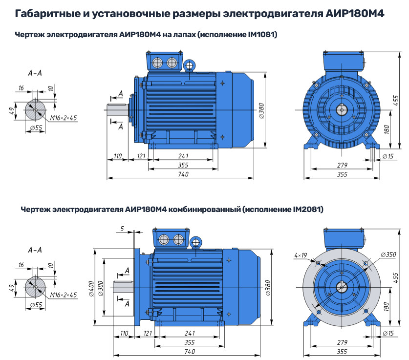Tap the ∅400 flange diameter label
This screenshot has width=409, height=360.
point(91,289)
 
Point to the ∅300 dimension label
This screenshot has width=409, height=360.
point(101,289)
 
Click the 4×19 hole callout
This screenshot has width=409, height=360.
point(301,255)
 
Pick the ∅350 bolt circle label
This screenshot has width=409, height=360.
point(388,254)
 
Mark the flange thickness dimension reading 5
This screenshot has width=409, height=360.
point(122,229)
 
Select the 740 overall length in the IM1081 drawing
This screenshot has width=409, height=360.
point(183,174)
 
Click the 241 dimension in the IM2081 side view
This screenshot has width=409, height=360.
point(190,333)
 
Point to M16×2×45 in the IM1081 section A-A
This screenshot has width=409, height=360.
point(64,118)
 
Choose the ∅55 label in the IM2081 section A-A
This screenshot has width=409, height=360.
point(36,305)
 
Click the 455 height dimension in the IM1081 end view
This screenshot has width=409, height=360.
point(396,100)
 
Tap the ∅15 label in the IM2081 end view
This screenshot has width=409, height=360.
point(388,333)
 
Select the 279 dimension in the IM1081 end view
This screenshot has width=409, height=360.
point(342,165)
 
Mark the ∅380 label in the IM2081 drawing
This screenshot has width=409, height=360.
point(268,288)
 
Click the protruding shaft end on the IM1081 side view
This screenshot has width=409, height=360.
point(118,110)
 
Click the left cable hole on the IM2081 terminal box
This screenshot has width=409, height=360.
point(164,239)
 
